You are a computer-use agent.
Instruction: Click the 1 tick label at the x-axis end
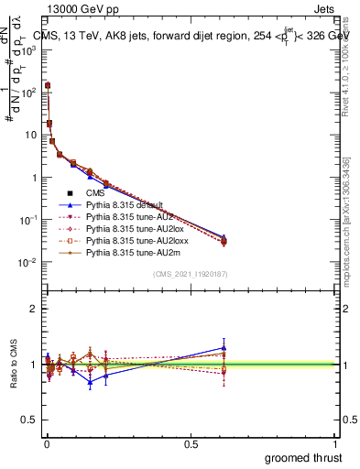[x=335, y=443]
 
